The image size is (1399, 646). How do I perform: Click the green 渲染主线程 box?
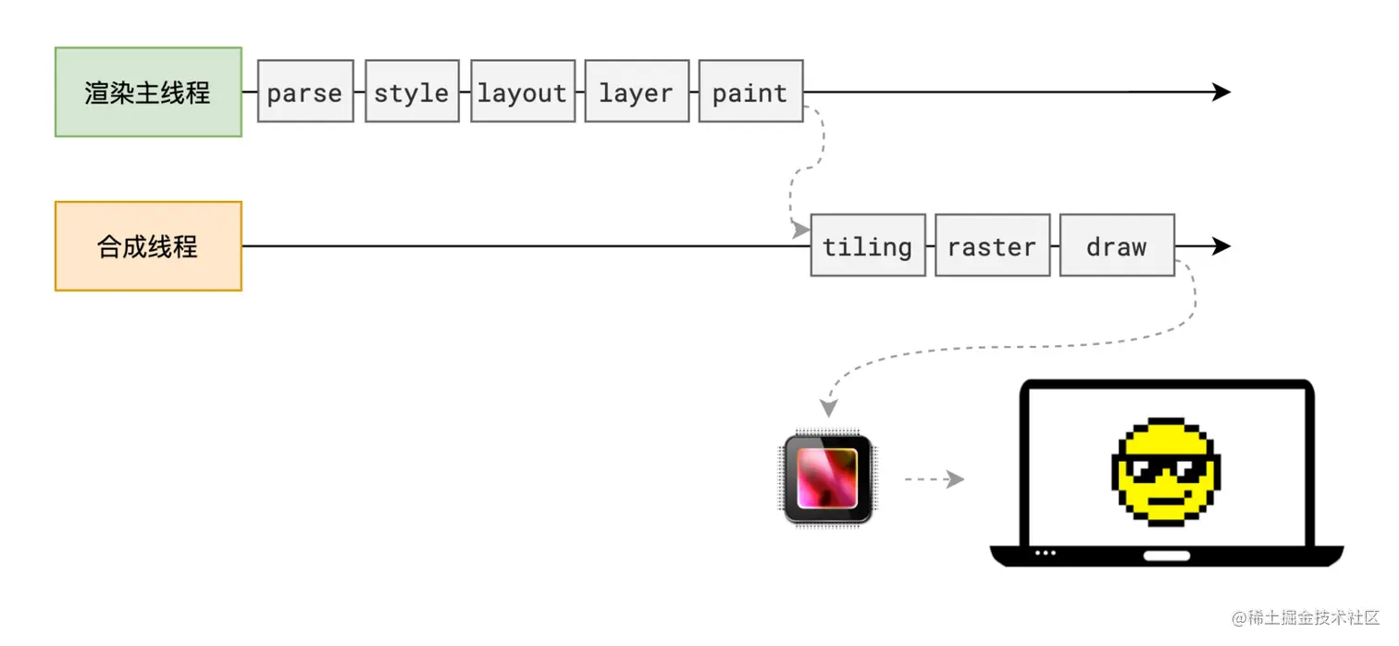tap(148, 93)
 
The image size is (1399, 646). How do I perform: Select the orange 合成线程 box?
tap(148, 246)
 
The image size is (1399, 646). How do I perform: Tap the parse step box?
tap(305, 92)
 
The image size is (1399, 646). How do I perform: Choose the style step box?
tap(412, 92)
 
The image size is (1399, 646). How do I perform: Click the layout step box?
tap(523, 92)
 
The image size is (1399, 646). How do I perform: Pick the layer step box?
tap(637, 92)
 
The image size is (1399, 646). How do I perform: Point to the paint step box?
tap(750, 92)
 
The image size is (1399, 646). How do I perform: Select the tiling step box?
tap(868, 246)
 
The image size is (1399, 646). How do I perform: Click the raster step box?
tap(992, 246)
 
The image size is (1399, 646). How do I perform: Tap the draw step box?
tap(1117, 246)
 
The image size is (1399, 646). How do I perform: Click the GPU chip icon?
tap(828, 478)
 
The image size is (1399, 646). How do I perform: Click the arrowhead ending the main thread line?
tap(1221, 92)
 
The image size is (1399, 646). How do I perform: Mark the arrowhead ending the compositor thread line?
tap(1221, 246)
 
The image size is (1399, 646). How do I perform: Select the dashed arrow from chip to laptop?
tap(934, 479)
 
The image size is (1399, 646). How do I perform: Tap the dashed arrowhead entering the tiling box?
tap(800, 230)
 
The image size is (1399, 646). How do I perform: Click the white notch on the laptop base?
tap(1167, 555)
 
